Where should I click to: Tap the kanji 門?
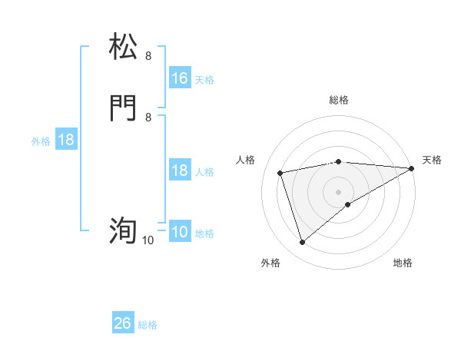pyautogui.click(x=124, y=108)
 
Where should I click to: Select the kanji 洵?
pyautogui.click(x=124, y=230)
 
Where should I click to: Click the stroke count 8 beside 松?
pyautogui.click(x=148, y=56)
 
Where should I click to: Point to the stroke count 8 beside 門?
pyautogui.click(x=148, y=118)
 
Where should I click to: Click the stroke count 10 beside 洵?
pyautogui.click(x=148, y=240)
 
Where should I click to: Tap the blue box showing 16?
pyautogui.click(x=180, y=78)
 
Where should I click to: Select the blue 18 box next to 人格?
pyautogui.click(x=180, y=171)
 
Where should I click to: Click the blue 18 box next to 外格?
pyautogui.click(x=66, y=141)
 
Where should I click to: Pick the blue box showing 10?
pyautogui.click(x=180, y=232)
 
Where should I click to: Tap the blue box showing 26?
pyautogui.click(x=123, y=324)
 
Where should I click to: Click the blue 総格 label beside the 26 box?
pyautogui.click(x=148, y=325)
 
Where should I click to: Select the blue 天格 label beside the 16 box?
pyautogui.click(x=204, y=79)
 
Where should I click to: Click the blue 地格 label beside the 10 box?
pyautogui.click(x=204, y=233)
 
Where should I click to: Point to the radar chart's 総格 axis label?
pyautogui.click(x=339, y=100)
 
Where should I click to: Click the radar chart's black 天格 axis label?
pyautogui.click(x=433, y=160)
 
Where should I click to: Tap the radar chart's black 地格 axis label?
pyautogui.click(x=403, y=263)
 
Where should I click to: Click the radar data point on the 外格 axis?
pyautogui.click(x=302, y=243)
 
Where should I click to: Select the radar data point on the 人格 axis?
pyautogui.click(x=280, y=172)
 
